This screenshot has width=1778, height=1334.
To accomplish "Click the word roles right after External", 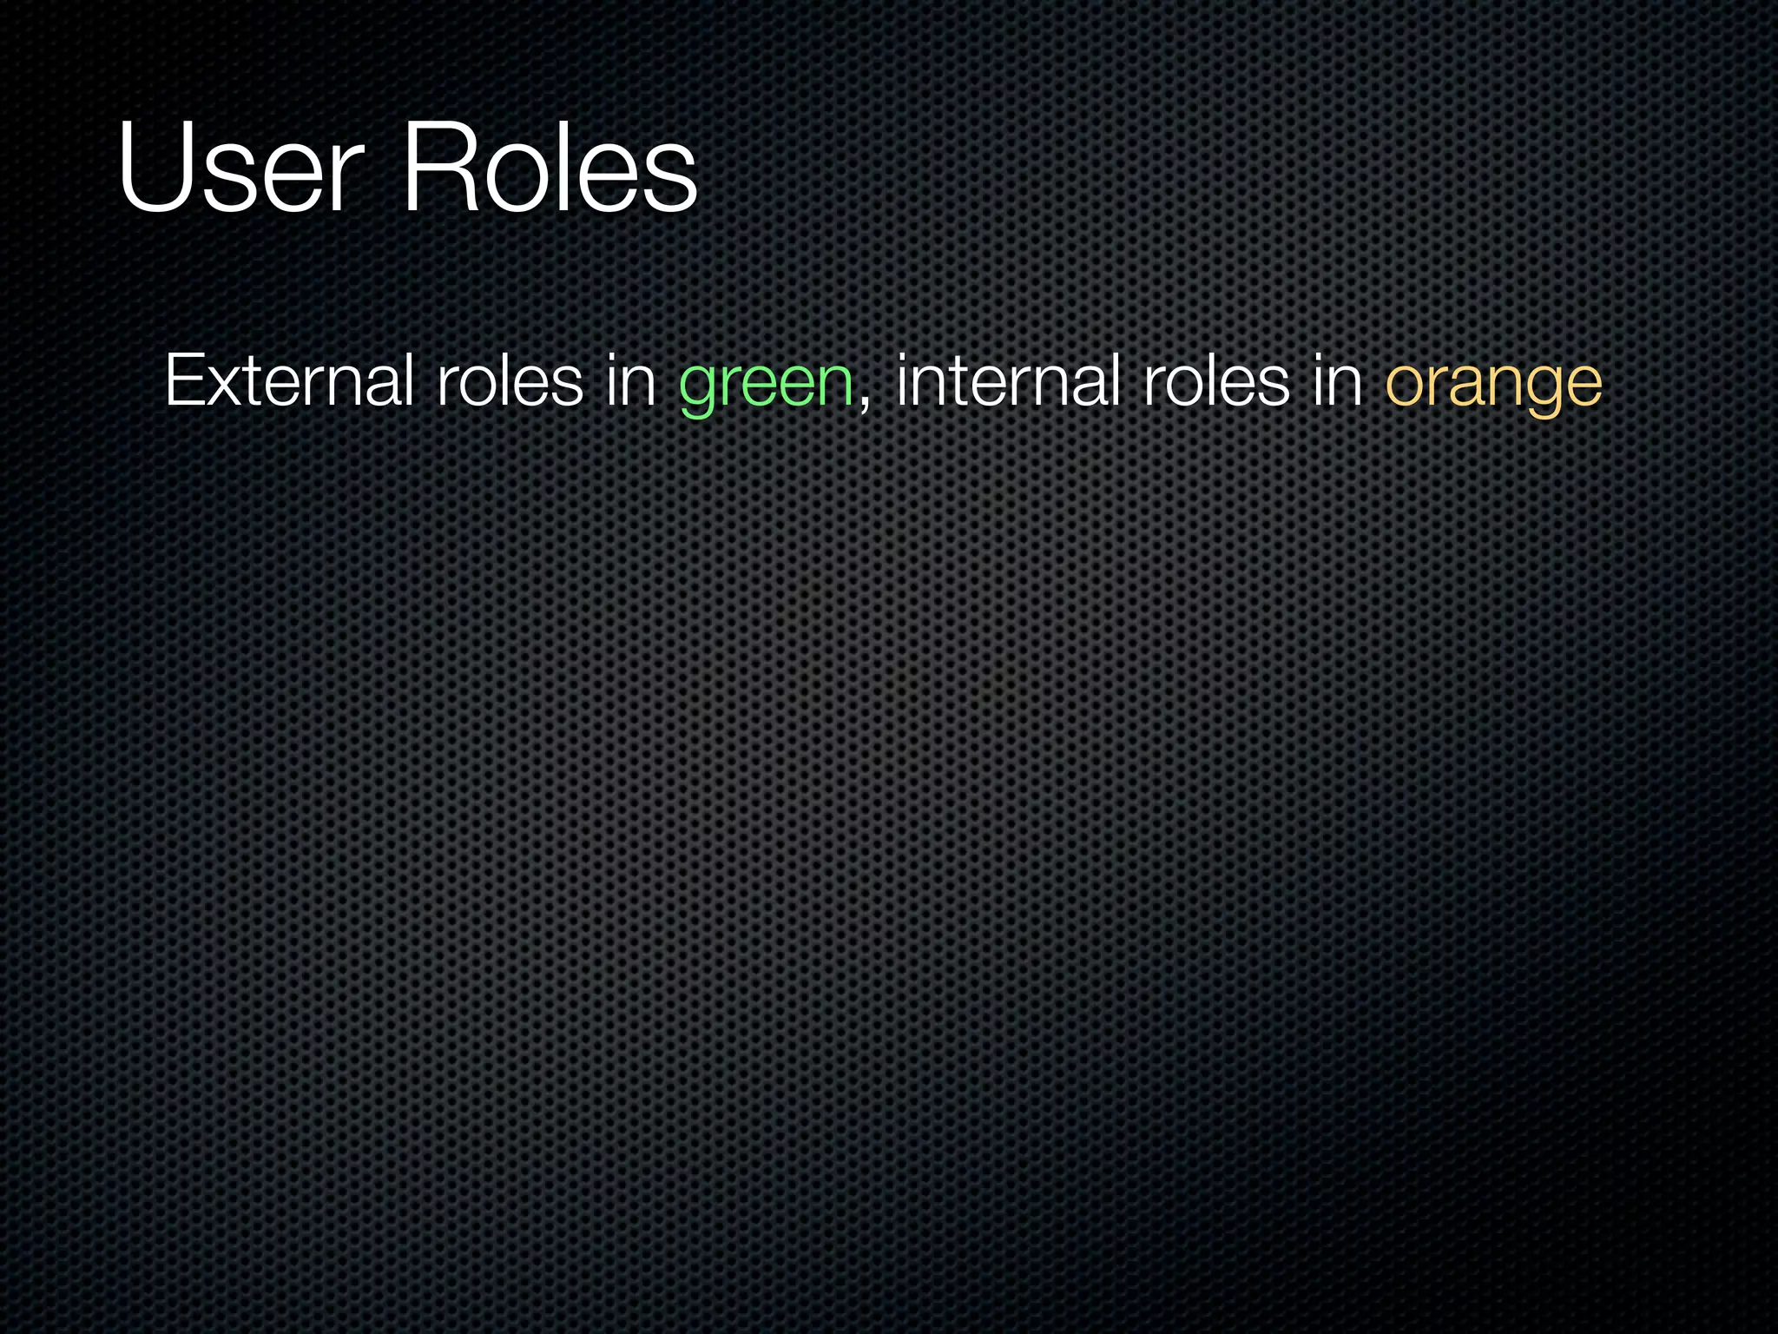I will click(x=510, y=381).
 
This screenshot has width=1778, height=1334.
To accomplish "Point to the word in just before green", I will click(x=630, y=381).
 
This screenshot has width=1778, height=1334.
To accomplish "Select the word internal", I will click(x=1008, y=381).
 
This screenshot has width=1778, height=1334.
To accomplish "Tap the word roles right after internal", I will click(x=1216, y=381).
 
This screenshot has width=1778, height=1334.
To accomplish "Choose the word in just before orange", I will click(x=1337, y=381).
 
